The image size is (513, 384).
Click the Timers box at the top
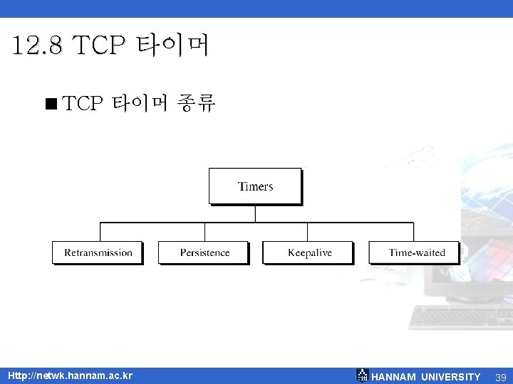pyautogui.click(x=255, y=186)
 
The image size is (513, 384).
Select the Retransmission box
pyautogui.click(x=98, y=252)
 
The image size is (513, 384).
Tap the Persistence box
pyautogui.click(x=204, y=252)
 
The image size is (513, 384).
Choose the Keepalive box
pyautogui.click(x=309, y=252)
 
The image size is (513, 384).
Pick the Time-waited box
pyautogui.click(x=415, y=252)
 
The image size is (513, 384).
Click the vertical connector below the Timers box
pyautogui.click(x=255, y=213)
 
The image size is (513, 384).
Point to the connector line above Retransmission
pyautogui.click(x=100, y=232)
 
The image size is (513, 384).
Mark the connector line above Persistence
pyautogui.click(x=204, y=232)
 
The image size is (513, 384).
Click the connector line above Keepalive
pyautogui.click(x=307, y=232)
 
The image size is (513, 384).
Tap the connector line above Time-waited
pyautogui.click(x=413, y=232)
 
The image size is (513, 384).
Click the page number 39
pyautogui.click(x=500, y=377)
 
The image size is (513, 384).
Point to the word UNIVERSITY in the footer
pyautogui.click(x=451, y=377)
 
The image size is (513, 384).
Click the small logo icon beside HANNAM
pyautogui.click(x=362, y=375)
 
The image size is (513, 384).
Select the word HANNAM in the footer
pyautogui.click(x=394, y=377)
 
